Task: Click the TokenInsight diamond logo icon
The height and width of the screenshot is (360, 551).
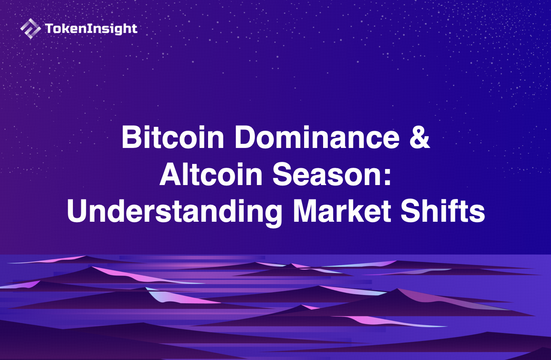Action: (x=30, y=29)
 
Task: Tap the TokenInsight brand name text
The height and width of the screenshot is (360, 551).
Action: (x=91, y=29)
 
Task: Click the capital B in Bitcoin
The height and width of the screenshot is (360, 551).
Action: (x=131, y=137)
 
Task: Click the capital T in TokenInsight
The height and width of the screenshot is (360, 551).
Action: (x=48, y=29)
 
